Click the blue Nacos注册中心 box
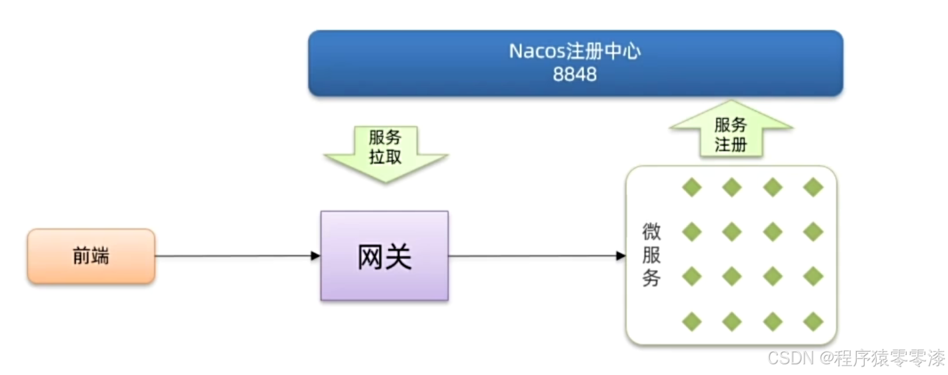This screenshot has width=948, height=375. click(575, 63)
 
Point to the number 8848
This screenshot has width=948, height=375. click(575, 75)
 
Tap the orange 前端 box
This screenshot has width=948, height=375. click(91, 256)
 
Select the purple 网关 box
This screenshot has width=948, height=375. click(384, 256)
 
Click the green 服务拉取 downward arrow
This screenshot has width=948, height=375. click(385, 153)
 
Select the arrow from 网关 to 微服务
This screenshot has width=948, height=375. click(533, 256)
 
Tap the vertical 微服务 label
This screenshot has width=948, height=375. click(651, 256)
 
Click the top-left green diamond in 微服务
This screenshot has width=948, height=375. click(692, 187)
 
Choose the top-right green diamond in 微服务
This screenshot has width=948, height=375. click(813, 187)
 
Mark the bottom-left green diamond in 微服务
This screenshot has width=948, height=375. click(692, 322)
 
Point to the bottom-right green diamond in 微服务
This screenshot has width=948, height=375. click(813, 322)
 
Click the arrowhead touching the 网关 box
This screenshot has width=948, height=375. click(316, 256)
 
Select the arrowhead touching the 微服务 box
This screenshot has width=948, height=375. click(621, 256)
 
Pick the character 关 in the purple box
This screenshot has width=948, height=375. click(399, 256)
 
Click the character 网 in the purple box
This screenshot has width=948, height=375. click(370, 256)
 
